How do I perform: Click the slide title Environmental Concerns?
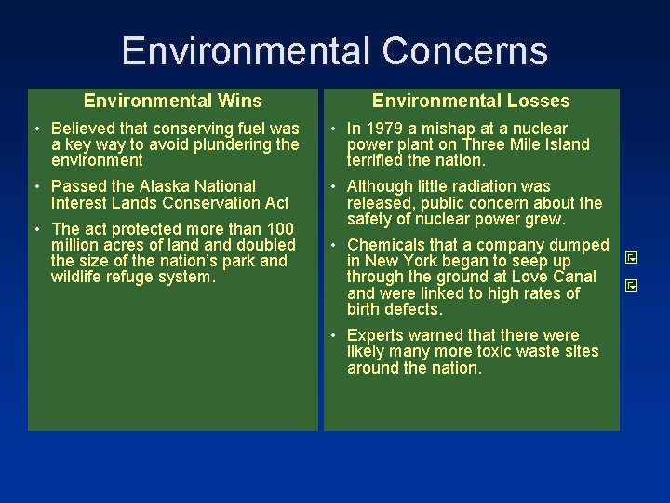coord(334,50)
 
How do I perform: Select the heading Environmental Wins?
coord(173,101)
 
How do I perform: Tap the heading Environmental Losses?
coord(471,101)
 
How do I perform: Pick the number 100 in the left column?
coord(280,229)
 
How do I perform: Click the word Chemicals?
coord(384,246)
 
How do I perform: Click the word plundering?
coord(233,144)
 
